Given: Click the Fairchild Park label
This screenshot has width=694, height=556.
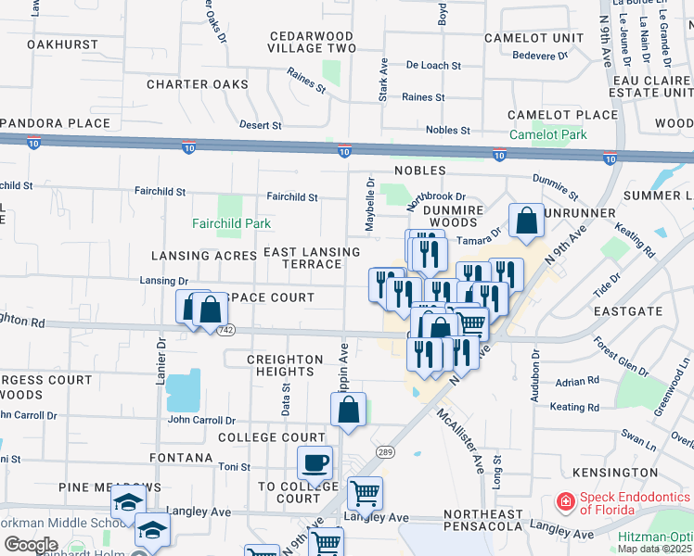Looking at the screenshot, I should pyautogui.click(x=231, y=223).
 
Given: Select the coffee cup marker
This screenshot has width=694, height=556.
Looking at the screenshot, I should pyautogui.click(x=315, y=463).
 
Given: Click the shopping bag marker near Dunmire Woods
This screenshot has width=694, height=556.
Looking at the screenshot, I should pyautogui.click(x=526, y=222).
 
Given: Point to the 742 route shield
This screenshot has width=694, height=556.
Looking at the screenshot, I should pyautogui.click(x=225, y=329).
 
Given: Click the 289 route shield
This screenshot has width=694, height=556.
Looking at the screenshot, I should pyautogui.click(x=386, y=451).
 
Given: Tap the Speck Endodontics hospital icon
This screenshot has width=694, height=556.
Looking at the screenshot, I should pyautogui.click(x=564, y=502).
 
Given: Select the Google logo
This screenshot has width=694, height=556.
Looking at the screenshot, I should pyautogui.click(x=31, y=545).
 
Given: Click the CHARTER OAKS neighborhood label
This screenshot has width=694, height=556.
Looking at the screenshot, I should pyautogui.click(x=198, y=84).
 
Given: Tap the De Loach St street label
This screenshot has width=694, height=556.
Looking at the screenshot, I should pyautogui.click(x=433, y=66).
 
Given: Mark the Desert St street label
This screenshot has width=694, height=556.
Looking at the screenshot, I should pyautogui.click(x=260, y=125).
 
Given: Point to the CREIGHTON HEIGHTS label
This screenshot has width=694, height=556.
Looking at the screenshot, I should pyautogui.click(x=288, y=364).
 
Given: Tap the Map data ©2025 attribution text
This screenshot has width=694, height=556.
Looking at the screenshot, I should pyautogui.click(x=655, y=549).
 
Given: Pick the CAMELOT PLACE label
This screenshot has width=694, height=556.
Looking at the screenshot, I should pyautogui.click(x=562, y=115).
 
